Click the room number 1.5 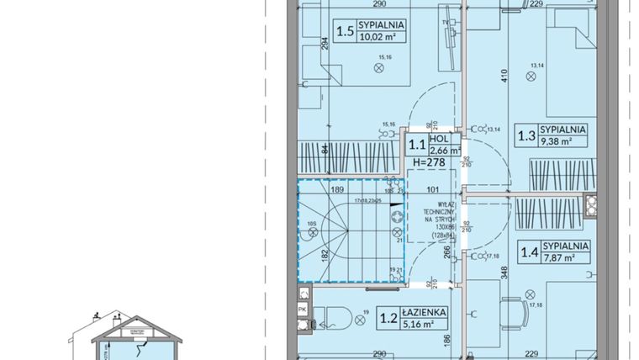click(344, 32)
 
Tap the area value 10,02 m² click(381, 37)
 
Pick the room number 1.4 click(529, 251)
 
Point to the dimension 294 click(324, 47)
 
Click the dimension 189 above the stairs click(336, 191)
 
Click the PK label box click(303, 309)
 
